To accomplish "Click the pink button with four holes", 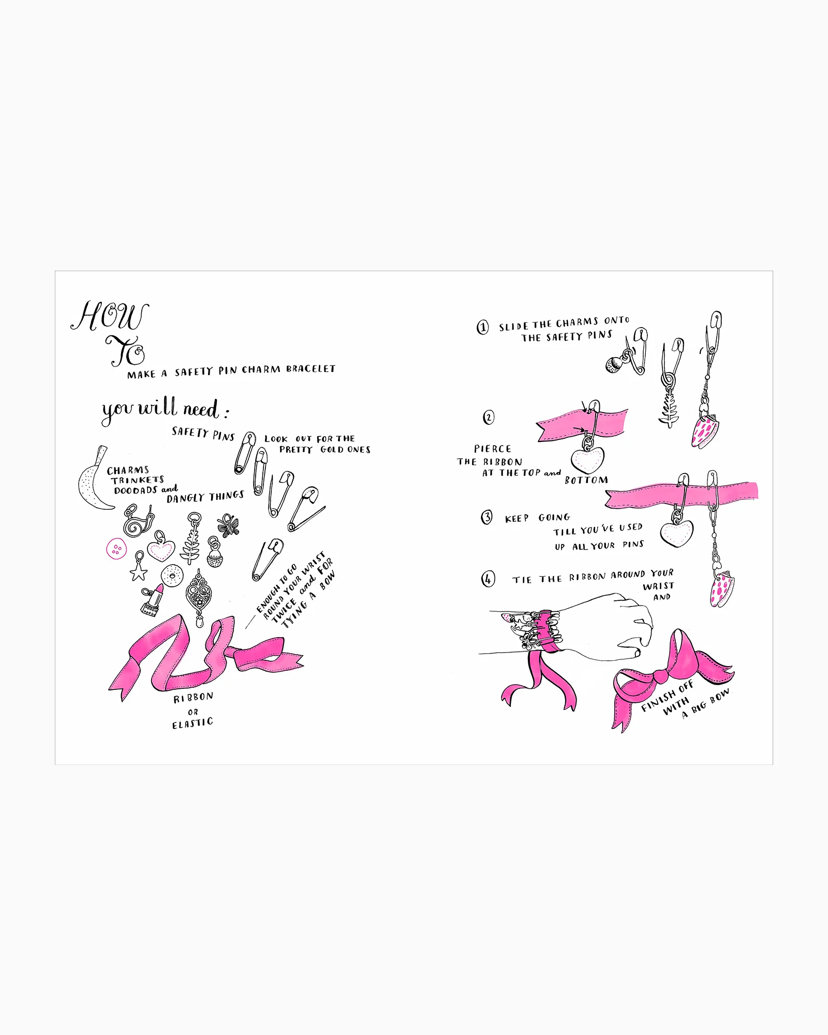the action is coord(116,549).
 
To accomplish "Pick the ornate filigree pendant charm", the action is coord(198,595).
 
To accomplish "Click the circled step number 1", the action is coord(482,327).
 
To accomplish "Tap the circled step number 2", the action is coord(489,417).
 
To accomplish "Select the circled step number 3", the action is coord(486,517).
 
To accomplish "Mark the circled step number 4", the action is coord(488,579).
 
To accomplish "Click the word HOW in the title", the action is coord(110,316).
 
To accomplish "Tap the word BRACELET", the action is coord(310,368).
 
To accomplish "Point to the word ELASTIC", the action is coord(193,723).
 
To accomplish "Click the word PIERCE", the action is coord(493,449).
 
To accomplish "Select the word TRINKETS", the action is coord(138,480).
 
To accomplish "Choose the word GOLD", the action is coord(332,449).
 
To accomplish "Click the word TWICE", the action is coord(284,611).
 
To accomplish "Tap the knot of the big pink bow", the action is coord(661,676).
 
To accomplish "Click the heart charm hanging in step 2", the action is coord(587,460).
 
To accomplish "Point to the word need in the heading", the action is coord(201,409).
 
